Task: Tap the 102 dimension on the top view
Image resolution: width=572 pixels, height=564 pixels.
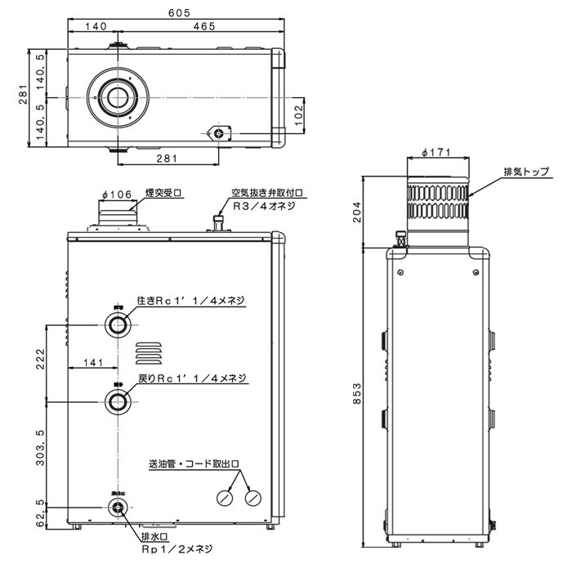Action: [299, 113]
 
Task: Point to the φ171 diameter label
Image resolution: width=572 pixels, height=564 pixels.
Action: [439, 153]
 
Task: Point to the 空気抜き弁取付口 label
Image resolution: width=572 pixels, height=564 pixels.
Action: [266, 194]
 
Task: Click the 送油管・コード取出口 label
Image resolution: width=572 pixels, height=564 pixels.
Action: [194, 463]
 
